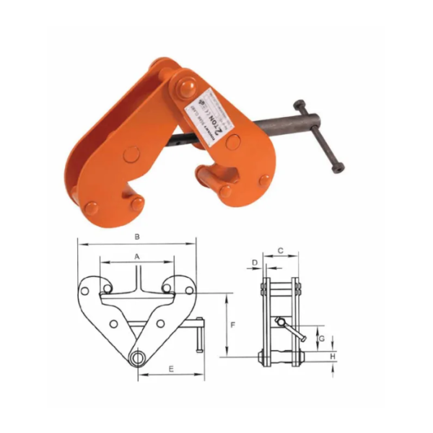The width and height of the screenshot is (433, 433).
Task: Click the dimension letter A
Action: coord(136,257)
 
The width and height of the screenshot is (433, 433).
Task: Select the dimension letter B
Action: coord(137,236)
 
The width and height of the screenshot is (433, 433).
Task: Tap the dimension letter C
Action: coord(281,251)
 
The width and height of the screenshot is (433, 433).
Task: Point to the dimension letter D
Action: coord(254,260)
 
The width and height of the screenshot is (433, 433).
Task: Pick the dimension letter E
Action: coord(170,368)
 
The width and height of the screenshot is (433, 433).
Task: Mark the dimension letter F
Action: coord(233,326)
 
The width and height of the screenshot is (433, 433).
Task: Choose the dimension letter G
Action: coord(322,338)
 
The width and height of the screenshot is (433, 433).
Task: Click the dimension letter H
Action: coord(333,356)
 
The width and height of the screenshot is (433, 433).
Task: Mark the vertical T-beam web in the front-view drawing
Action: coord(137,278)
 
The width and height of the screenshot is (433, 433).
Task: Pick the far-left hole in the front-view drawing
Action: coord(84,292)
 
